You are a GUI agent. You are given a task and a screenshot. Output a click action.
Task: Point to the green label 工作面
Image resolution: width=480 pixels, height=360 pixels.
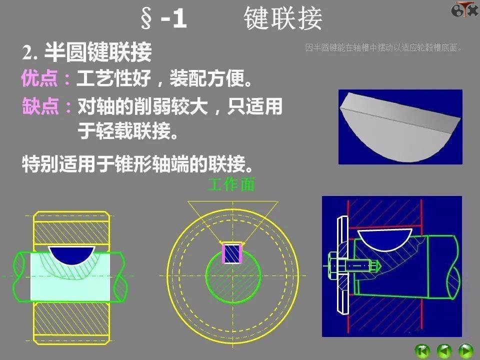click(x=231, y=185)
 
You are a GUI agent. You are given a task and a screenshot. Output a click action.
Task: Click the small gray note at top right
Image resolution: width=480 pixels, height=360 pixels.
click(x=383, y=48)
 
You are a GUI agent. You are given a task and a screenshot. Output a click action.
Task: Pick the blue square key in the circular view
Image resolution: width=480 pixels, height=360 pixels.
click(x=232, y=253)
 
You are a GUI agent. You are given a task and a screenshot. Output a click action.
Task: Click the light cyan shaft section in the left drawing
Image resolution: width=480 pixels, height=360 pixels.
click(x=70, y=282)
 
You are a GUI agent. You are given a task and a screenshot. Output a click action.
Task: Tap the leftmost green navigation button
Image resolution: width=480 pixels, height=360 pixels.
click(x=422, y=350)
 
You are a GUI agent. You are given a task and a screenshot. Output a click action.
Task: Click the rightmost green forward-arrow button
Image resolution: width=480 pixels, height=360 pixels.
click(x=465, y=350)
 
